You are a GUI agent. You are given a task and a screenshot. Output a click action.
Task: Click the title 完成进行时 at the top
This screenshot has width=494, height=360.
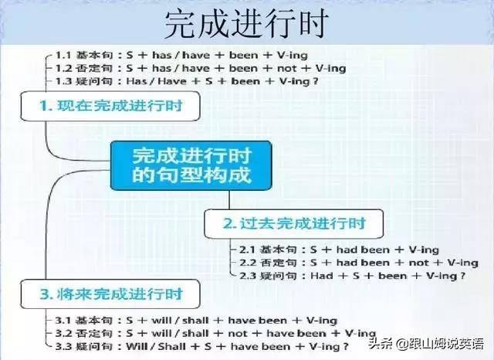click(x=246, y=23)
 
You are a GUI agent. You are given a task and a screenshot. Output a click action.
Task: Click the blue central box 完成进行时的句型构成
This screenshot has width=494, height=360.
click(x=191, y=164)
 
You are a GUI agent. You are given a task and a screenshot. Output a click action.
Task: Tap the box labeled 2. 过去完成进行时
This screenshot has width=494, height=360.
click(x=293, y=224)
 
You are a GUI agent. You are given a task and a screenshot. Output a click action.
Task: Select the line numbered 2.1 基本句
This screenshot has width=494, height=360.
click(x=339, y=250)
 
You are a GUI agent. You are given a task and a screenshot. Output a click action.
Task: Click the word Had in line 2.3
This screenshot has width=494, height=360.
click(x=323, y=275)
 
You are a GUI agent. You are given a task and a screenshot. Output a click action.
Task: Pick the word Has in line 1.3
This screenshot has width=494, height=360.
click(x=138, y=80)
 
